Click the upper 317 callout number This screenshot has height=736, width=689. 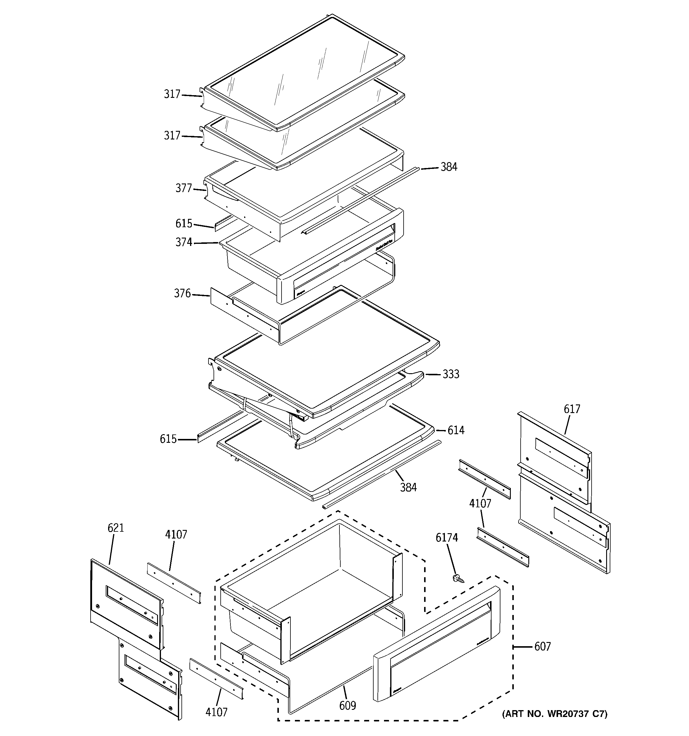coord(172,94)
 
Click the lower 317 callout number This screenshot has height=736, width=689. coord(172,136)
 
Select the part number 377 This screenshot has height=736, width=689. coord(184,189)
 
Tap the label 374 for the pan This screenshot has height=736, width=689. coord(184,242)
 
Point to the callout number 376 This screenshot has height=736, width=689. coord(182,294)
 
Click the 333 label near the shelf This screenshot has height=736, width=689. coord(451,374)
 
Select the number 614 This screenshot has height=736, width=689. coord(456,430)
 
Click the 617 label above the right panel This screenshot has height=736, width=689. coord(572,409)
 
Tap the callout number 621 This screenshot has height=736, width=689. coord(116,528)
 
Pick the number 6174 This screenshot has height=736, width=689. coord(447,538)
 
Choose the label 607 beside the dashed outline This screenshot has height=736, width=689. coord(542,647)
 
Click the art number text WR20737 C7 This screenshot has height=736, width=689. coord(554,714)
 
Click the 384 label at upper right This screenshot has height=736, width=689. coord(449,167)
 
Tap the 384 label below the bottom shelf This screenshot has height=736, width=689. coord(408,488)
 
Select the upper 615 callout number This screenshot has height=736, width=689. coord(184,224)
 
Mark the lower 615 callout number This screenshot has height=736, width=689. coord(168,439)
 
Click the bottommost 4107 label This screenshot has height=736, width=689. coord(217,712)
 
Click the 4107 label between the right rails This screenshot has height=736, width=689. coord(480,503)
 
